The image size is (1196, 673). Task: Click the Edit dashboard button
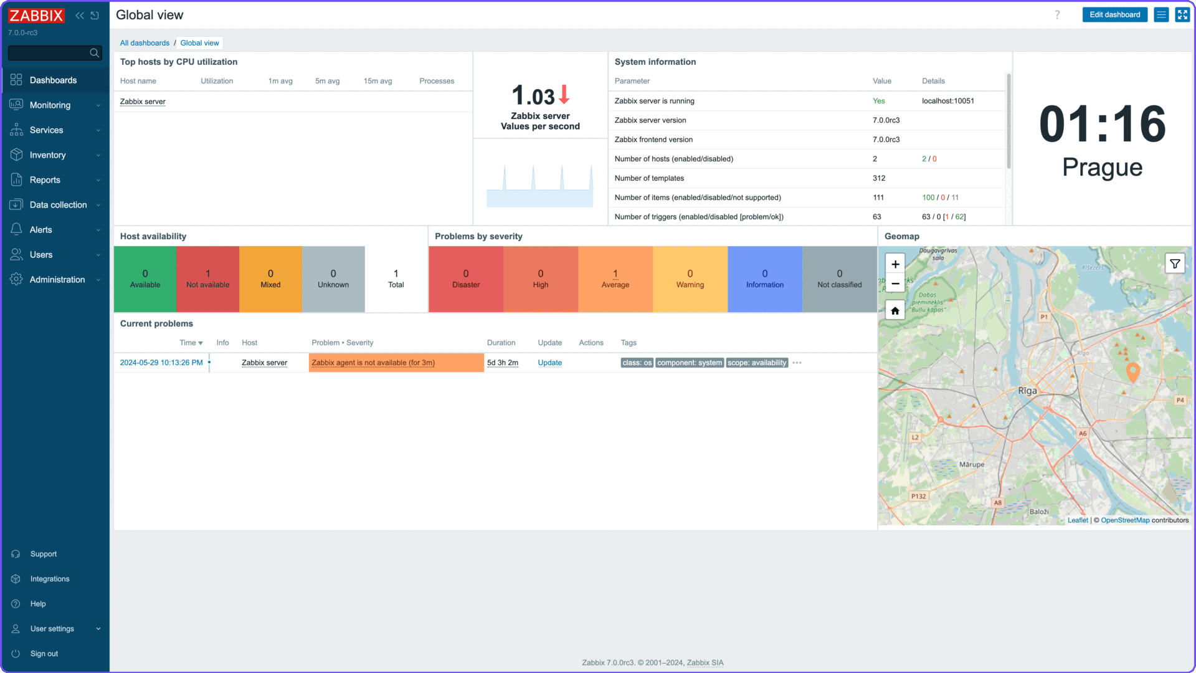[1114, 15]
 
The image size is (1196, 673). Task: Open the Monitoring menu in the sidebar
[50, 105]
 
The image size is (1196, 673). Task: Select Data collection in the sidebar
[58, 205]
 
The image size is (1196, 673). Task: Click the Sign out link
[44, 654]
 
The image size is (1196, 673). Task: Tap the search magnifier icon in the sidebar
[94, 53]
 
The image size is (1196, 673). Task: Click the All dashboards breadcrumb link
[145, 43]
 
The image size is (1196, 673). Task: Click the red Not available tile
[207, 279]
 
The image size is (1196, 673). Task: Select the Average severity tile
[615, 279]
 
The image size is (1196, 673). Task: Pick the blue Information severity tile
[764, 279]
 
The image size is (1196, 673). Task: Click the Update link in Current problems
[549, 363]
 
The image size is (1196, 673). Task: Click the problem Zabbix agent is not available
[373, 363]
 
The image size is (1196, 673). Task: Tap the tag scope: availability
[757, 363]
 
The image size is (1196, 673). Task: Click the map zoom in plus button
[895, 264]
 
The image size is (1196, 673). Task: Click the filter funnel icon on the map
[1175, 264]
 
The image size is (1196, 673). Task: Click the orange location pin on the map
[1132, 371]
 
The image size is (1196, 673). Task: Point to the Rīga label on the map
[1027, 391]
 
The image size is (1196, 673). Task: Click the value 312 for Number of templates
[878, 178]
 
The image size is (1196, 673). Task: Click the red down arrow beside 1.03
[564, 95]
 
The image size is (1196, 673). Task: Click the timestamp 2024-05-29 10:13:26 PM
[161, 363]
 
